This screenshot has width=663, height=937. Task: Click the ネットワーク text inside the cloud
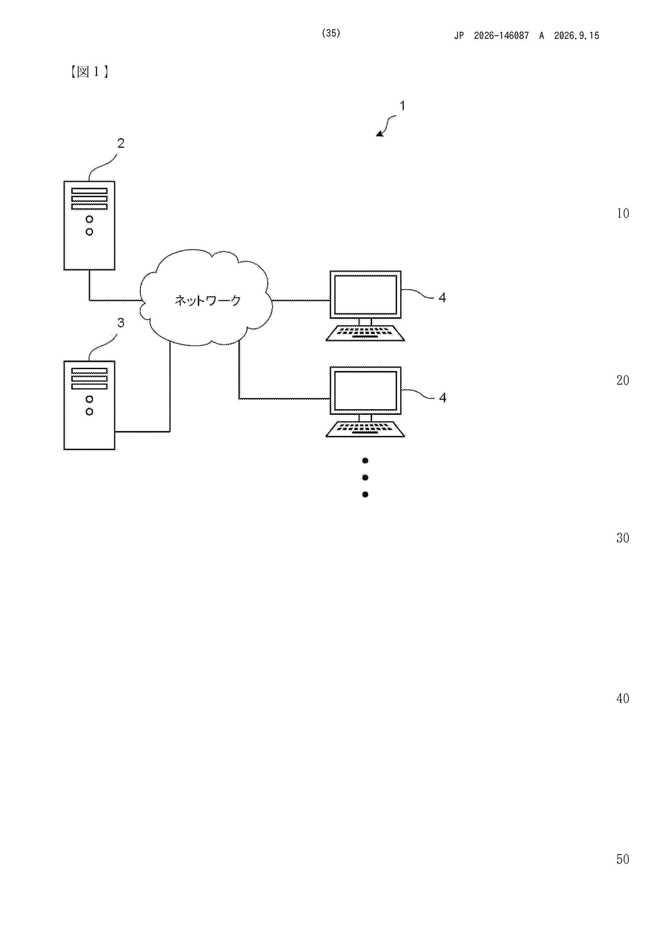207,301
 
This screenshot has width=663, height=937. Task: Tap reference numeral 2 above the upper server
121,143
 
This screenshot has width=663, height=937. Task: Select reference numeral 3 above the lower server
121,323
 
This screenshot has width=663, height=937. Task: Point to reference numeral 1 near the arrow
402,106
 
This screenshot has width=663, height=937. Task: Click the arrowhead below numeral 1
380,134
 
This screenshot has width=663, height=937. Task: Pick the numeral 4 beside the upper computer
442,298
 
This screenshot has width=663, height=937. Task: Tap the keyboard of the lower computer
365,429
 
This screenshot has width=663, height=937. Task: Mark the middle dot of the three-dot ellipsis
365,478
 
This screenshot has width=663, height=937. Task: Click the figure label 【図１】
89,72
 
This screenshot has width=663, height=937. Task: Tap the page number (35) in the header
331,33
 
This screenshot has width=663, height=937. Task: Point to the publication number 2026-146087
501,36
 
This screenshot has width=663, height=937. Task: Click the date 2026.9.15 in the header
576,36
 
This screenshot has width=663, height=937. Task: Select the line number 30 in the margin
623,538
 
